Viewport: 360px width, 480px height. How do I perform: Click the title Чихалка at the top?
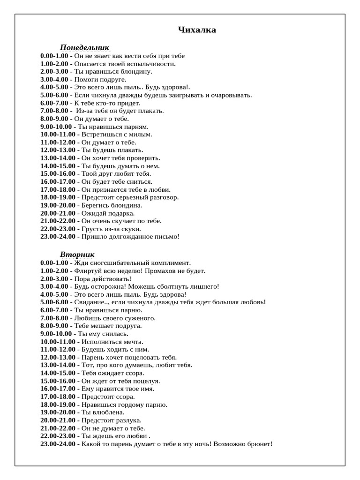point(197,30)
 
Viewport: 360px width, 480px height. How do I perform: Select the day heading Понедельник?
point(84,47)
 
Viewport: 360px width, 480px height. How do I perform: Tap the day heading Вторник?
point(77,255)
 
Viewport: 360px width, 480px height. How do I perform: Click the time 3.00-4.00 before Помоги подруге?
point(54,80)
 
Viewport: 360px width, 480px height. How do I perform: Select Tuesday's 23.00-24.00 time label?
point(58,444)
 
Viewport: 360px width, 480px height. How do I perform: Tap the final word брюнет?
point(260,444)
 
